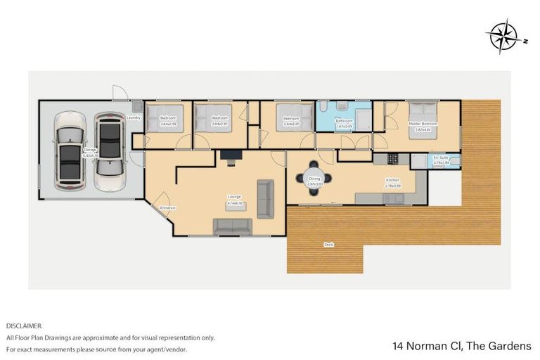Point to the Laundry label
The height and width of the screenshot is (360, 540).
[134, 117]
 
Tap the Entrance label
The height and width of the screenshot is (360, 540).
[167, 207]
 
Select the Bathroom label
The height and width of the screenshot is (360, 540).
[343, 121]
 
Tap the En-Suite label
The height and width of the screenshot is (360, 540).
[441, 158]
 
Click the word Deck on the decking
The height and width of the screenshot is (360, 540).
[328, 244]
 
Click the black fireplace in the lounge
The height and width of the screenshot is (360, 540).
[229, 155]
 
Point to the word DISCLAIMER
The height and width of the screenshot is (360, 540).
[24, 326]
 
